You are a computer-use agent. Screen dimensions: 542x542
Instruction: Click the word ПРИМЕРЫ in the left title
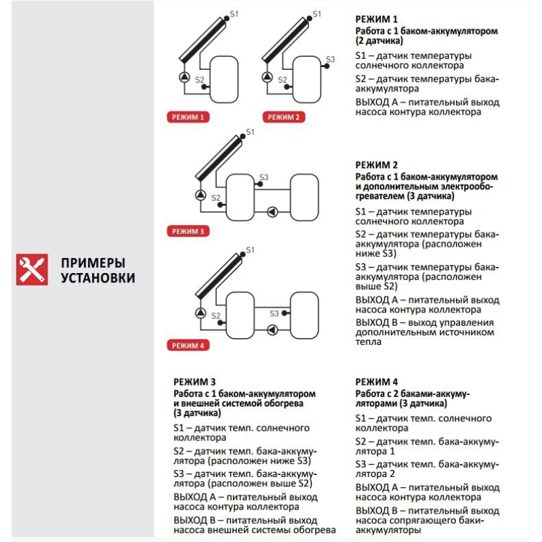coord(93,263)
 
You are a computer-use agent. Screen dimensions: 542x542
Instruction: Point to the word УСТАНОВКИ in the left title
coord(98,278)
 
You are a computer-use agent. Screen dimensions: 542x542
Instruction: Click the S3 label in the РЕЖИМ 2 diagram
coord(330,60)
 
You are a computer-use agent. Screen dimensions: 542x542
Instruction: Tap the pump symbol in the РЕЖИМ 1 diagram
coord(185,77)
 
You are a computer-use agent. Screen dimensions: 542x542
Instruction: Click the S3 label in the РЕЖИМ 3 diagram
coord(264,178)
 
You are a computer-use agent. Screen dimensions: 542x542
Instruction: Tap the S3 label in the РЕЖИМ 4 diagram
coord(274,313)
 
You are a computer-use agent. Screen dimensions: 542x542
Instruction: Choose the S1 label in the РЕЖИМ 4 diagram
coord(250,250)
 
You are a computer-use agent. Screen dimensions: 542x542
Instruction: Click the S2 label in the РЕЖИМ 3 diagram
coord(215,198)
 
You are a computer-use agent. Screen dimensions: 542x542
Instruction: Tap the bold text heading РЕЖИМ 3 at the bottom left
coord(194,382)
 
